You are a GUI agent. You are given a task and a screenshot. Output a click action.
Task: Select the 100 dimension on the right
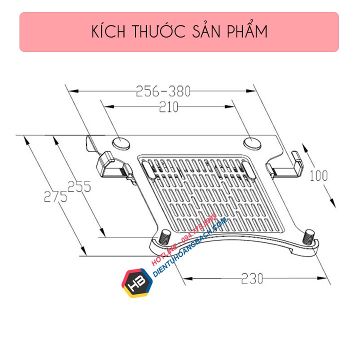[318, 176]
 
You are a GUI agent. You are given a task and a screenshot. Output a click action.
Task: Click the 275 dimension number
[53, 196]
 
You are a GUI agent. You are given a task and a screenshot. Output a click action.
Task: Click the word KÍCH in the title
[109, 31]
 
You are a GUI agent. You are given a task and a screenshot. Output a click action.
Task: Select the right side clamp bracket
[287, 164]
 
